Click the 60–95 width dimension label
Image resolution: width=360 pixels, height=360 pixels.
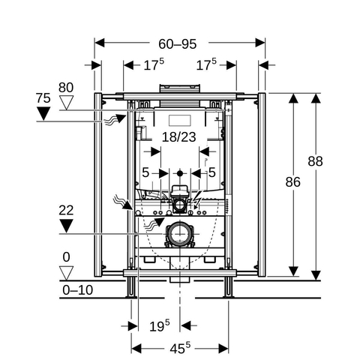pyautogui.click(x=178, y=44)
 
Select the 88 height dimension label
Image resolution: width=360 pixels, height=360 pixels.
pyautogui.click(x=315, y=161)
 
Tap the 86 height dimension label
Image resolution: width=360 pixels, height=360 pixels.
pyautogui.click(x=292, y=182)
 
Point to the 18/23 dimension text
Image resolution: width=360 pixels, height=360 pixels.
pyautogui.click(x=179, y=137)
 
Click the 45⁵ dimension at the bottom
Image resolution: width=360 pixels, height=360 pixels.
pyautogui.click(x=180, y=348)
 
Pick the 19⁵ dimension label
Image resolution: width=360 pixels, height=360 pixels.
pyautogui.click(x=160, y=325)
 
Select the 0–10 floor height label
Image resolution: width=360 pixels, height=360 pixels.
pyautogui.click(x=78, y=290)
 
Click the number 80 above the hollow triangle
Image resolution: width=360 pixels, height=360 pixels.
pyautogui.click(x=66, y=88)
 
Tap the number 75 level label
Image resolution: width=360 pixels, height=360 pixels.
pyautogui.click(x=43, y=98)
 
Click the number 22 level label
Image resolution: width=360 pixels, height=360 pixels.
pyautogui.click(x=66, y=210)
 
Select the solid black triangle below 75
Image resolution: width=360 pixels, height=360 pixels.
pyautogui.click(x=43, y=113)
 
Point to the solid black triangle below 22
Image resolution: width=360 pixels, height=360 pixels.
pyautogui.click(x=66, y=226)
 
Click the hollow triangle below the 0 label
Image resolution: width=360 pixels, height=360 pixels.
pyautogui.click(x=66, y=273)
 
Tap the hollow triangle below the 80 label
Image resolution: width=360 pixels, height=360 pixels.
pyautogui.click(x=66, y=103)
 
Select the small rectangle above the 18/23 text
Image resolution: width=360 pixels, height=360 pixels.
pyautogui.click(x=180, y=121)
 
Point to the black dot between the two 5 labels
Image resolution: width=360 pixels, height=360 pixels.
pyautogui.click(x=180, y=173)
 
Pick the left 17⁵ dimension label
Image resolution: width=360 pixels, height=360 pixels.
pyautogui.click(x=154, y=64)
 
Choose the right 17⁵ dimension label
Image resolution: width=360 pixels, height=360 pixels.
pyautogui.click(x=206, y=64)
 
